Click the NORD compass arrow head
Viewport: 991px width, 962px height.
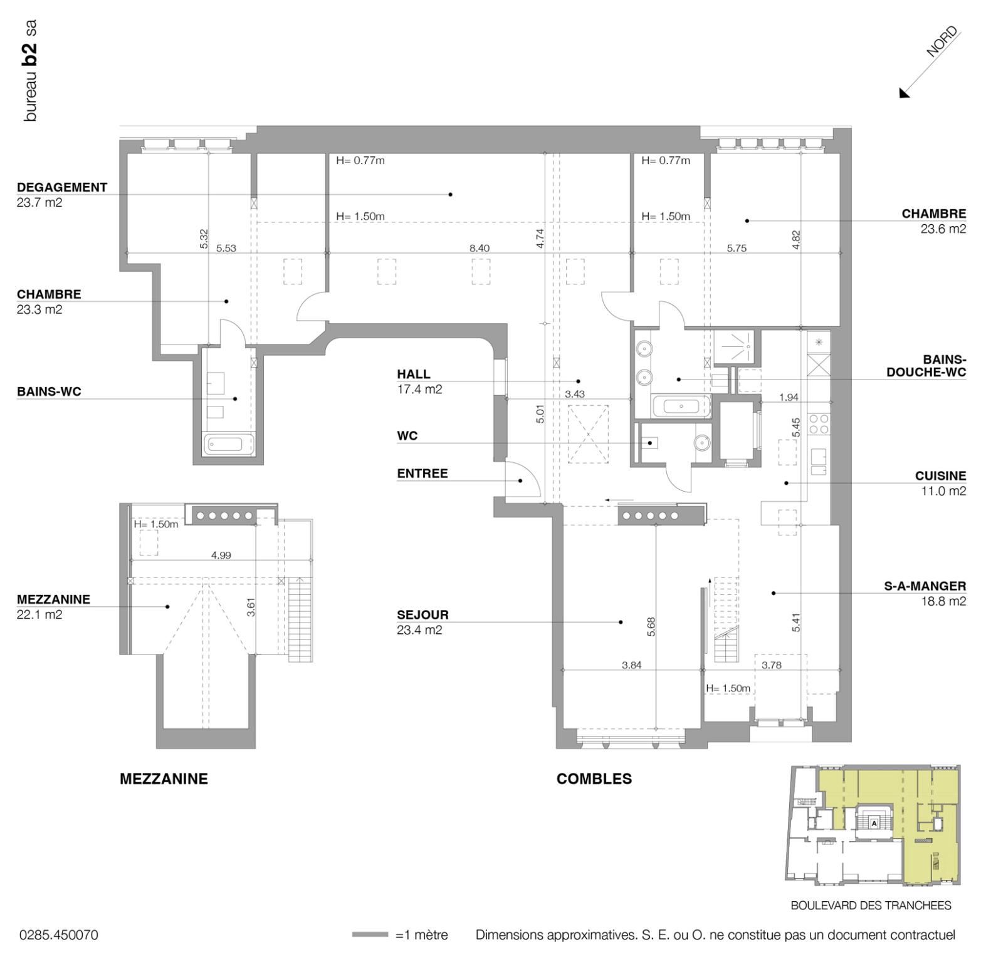pos(904,93)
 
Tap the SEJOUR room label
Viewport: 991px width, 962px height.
pos(422,615)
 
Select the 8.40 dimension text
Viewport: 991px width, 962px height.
pos(480,249)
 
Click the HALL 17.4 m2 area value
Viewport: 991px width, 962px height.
pos(419,390)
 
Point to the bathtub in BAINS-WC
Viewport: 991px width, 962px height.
pos(228,445)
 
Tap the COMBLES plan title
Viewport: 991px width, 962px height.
pos(594,779)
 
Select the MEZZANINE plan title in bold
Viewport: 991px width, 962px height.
pos(164,779)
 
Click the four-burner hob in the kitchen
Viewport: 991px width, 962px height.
pos(819,424)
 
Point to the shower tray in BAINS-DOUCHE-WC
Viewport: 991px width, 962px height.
pos(737,346)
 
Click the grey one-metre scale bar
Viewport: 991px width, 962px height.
pos(370,935)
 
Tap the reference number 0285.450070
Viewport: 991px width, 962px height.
pos(59,935)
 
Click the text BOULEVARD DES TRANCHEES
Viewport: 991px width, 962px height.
pos(871,906)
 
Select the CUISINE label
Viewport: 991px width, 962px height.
pos(941,476)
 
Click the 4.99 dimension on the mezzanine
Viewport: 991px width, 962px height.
pos(221,556)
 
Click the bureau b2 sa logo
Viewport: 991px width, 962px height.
pos(29,71)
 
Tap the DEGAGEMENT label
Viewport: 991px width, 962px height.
pos(62,187)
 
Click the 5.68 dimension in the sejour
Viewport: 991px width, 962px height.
pos(651,627)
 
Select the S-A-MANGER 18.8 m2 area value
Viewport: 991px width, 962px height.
pos(943,602)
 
